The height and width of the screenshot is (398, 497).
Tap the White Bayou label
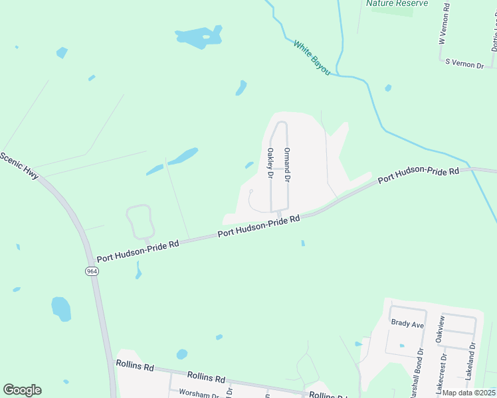tap(312, 57)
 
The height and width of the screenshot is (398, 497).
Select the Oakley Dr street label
tap(270, 163)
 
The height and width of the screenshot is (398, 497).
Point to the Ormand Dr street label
tap(288, 166)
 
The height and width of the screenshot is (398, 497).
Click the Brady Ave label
tap(407, 324)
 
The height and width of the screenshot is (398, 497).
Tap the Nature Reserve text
tap(397, 3)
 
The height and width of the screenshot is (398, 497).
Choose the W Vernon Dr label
tap(442, 27)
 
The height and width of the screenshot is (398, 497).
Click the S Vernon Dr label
tap(465, 63)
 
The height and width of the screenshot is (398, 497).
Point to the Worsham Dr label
tap(199, 393)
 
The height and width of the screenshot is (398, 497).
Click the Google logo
tap(22, 390)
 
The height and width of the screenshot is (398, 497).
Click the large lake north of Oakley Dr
tap(199, 38)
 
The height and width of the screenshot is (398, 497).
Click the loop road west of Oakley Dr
tap(140, 222)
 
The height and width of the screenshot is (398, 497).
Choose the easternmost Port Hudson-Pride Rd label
tap(419, 175)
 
